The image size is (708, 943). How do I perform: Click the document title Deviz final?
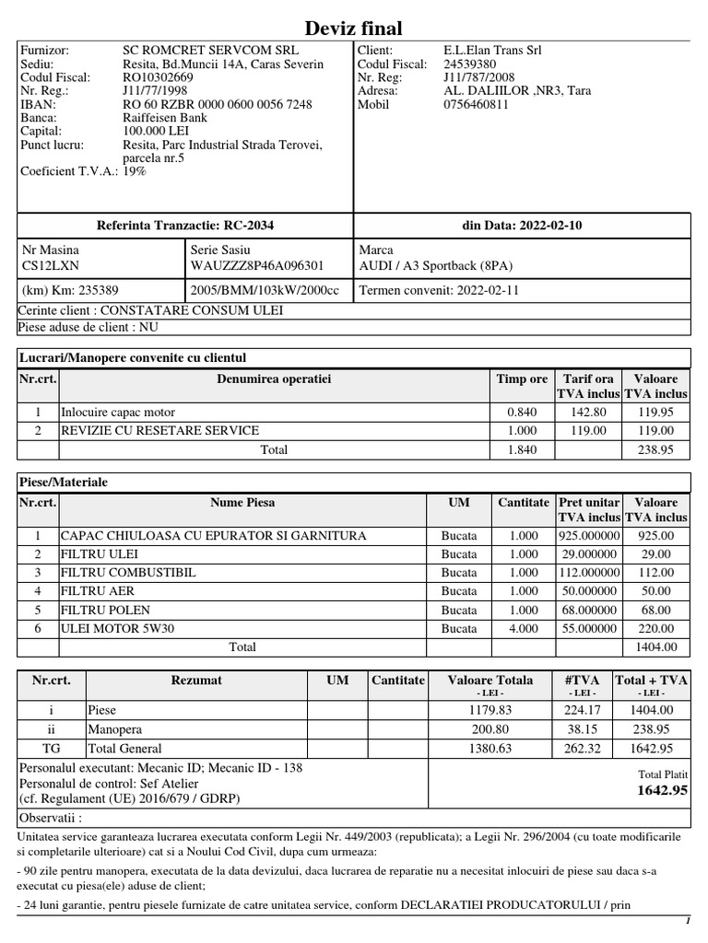coord(354,29)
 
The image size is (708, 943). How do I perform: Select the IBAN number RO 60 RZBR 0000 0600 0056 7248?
coord(217,104)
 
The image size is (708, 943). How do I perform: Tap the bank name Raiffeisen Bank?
coord(165,118)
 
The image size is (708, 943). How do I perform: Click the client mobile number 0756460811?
coord(476,104)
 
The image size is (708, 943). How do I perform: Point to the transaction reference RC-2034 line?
coord(185,226)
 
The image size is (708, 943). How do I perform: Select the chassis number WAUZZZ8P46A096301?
coord(257,265)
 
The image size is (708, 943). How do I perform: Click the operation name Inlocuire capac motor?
coord(117,412)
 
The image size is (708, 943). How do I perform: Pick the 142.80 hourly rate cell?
coord(589,412)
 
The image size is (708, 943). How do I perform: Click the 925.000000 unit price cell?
coord(589,535)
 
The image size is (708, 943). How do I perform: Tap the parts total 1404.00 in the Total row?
coord(655,646)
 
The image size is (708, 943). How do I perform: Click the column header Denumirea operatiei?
coord(274,378)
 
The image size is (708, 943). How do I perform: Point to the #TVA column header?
coord(581,680)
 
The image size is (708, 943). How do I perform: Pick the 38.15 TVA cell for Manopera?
coord(581,728)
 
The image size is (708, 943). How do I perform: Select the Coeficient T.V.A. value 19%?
coord(135,171)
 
